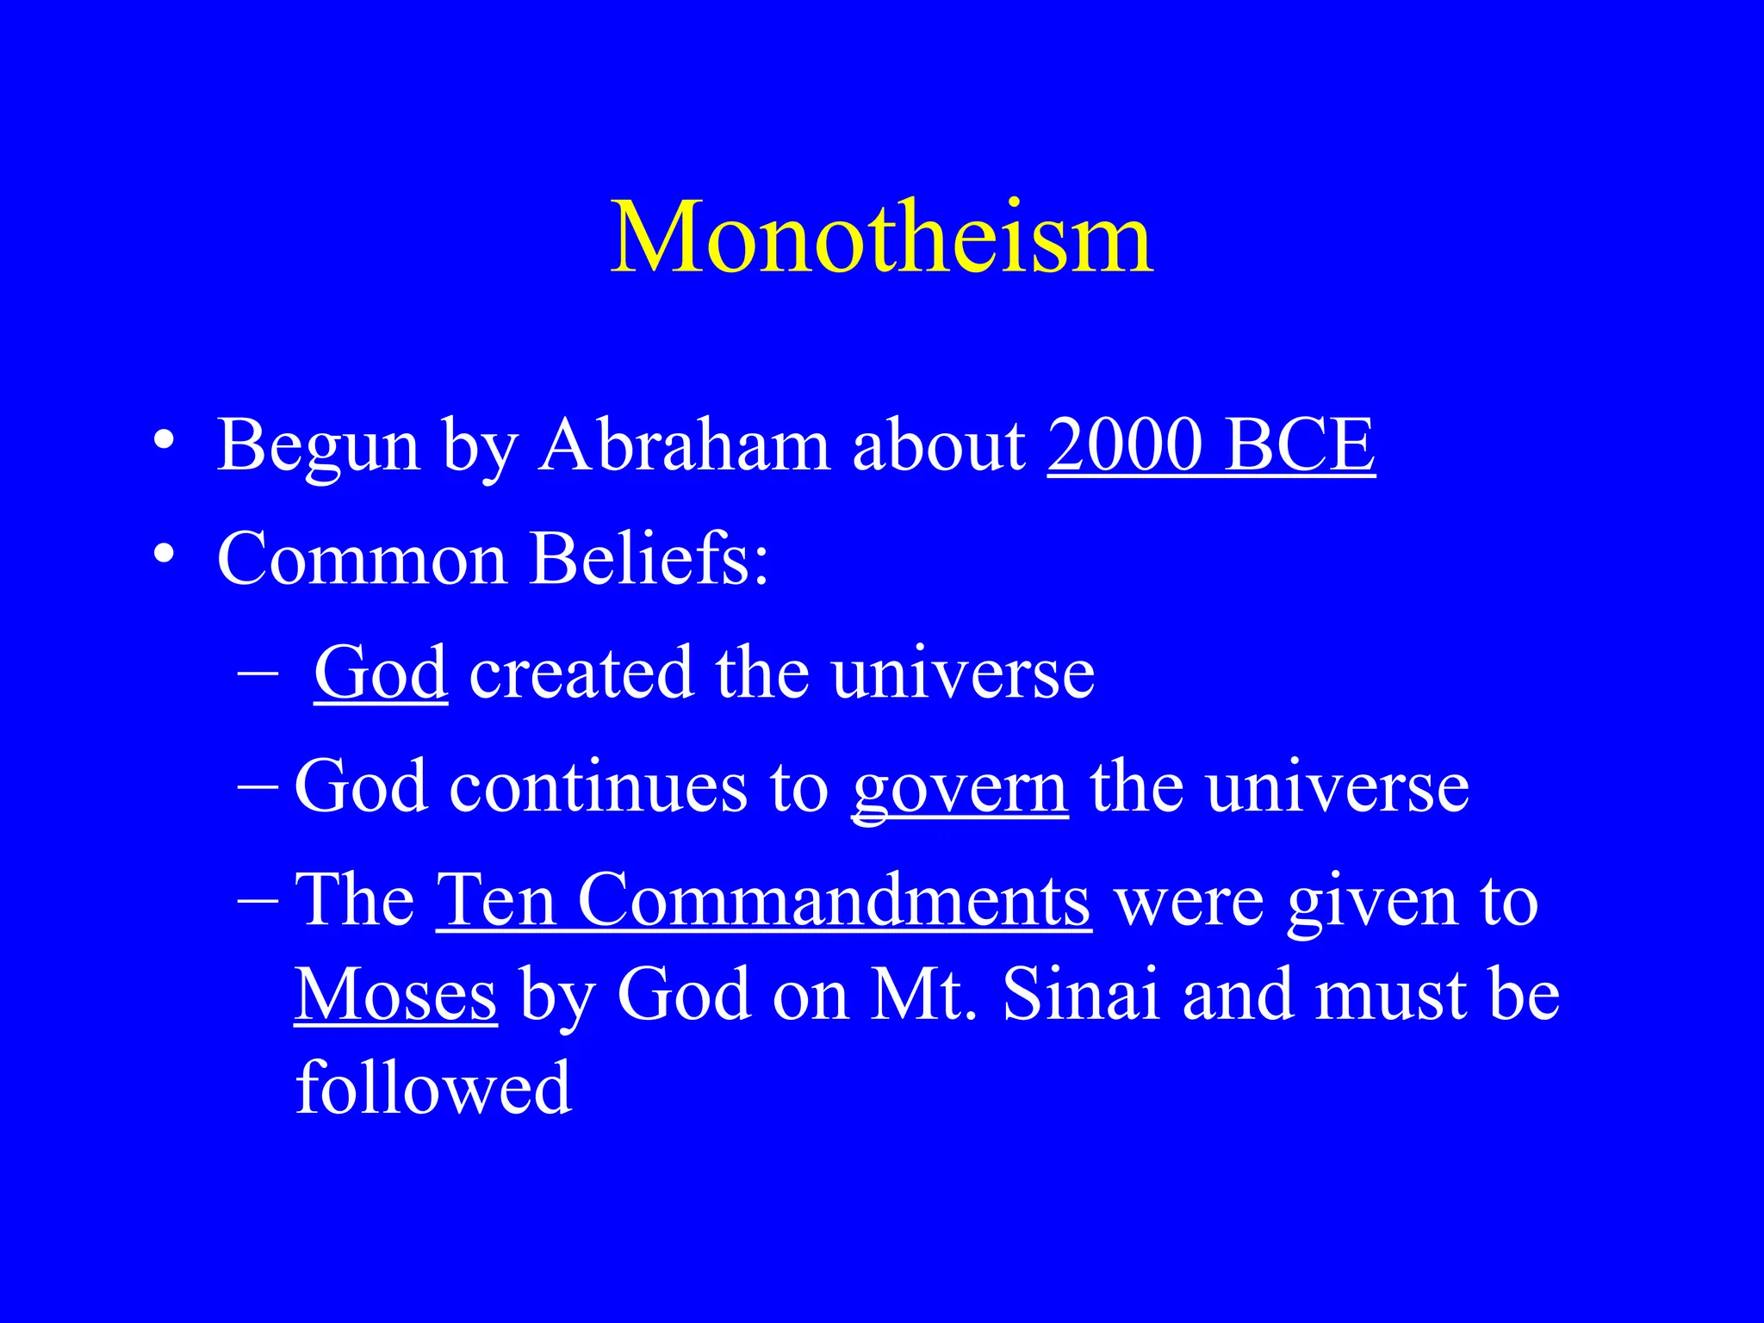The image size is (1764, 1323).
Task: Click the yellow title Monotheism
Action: (x=881, y=237)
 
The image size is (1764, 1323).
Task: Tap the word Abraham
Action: (x=685, y=445)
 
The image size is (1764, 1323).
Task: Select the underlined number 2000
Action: (x=1124, y=445)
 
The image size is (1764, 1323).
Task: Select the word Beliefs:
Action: (x=649, y=558)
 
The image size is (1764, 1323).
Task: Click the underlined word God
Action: (x=381, y=673)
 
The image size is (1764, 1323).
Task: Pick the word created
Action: (x=581, y=673)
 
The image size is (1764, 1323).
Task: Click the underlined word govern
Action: (x=960, y=788)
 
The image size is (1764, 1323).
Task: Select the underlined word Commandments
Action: (x=834, y=901)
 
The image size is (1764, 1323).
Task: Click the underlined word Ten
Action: (x=496, y=901)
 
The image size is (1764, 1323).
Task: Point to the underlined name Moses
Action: (x=395, y=995)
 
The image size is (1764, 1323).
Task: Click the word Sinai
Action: (x=1081, y=995)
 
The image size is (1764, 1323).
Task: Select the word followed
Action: (x=433, y=1087)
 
